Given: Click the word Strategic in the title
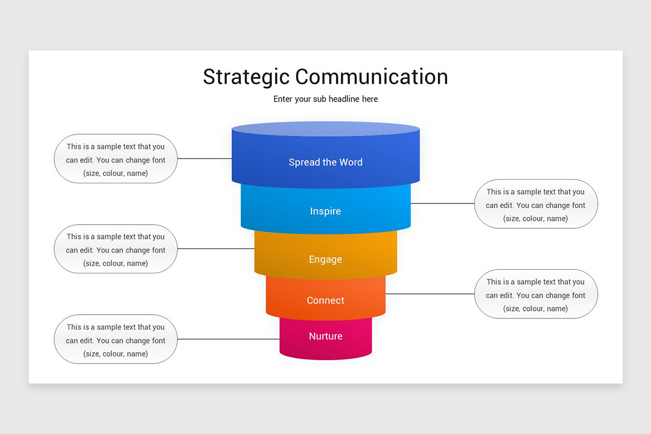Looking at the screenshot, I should point(247,77).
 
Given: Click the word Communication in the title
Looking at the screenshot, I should point(372,77).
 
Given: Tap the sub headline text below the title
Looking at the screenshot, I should point(325,99).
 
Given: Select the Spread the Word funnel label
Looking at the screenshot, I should point(325,162).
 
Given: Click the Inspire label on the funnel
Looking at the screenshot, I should point(325,211).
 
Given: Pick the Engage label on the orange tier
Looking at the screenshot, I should point(325,259).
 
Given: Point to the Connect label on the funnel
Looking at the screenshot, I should point(325,301).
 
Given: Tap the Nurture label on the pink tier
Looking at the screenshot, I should point(325,336).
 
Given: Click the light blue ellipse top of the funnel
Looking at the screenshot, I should point(325,129).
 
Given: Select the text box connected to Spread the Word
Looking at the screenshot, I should point(116,159).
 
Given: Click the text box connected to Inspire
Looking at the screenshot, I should point(535,205).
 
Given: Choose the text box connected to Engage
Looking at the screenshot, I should point(116,250).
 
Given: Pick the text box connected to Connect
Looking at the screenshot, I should point(535,295).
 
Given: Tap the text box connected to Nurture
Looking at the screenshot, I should point(116,340).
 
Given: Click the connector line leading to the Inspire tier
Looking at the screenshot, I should point(442,204).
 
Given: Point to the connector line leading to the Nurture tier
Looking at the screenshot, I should point(228,340).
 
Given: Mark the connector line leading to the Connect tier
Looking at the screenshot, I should point(430,294).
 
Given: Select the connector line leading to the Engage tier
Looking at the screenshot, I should point(216,249).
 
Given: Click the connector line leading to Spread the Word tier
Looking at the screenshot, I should point(205,159).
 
